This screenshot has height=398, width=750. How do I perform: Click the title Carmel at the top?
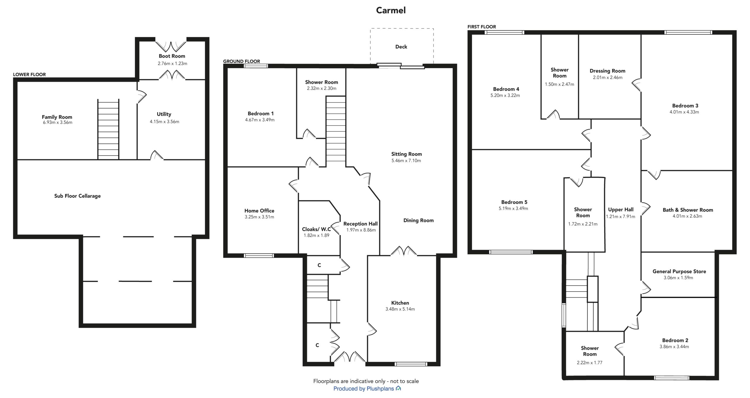(391, 10)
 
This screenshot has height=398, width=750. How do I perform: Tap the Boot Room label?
(172, 56)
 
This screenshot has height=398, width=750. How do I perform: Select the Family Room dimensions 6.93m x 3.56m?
(57, 122)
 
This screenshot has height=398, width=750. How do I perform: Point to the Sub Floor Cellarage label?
(77, 196)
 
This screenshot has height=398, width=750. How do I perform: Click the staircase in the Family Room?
(108, 129)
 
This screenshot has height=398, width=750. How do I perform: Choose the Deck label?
(401, 47)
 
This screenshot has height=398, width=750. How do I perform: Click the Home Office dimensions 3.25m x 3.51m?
(259, 217)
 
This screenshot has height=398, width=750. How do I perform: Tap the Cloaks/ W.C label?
(316, 229)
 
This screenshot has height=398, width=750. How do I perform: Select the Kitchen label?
(400, 303)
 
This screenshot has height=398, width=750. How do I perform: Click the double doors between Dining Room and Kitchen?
(403, 251)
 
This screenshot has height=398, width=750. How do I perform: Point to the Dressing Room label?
(607, 71)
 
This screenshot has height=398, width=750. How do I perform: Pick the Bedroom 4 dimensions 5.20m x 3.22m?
(505, 95)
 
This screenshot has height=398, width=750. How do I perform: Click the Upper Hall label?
(621, 210)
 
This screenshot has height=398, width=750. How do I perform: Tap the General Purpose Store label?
(679, 272)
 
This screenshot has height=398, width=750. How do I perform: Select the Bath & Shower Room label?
(688, 210)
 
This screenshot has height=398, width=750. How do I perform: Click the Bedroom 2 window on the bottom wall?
(672, 378)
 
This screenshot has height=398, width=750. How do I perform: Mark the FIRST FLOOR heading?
(482, 27)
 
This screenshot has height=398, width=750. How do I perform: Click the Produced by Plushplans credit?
(367, 389)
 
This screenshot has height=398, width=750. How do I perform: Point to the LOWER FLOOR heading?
(29, 74)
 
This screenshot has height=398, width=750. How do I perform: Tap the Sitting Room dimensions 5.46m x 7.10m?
(406, 160)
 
